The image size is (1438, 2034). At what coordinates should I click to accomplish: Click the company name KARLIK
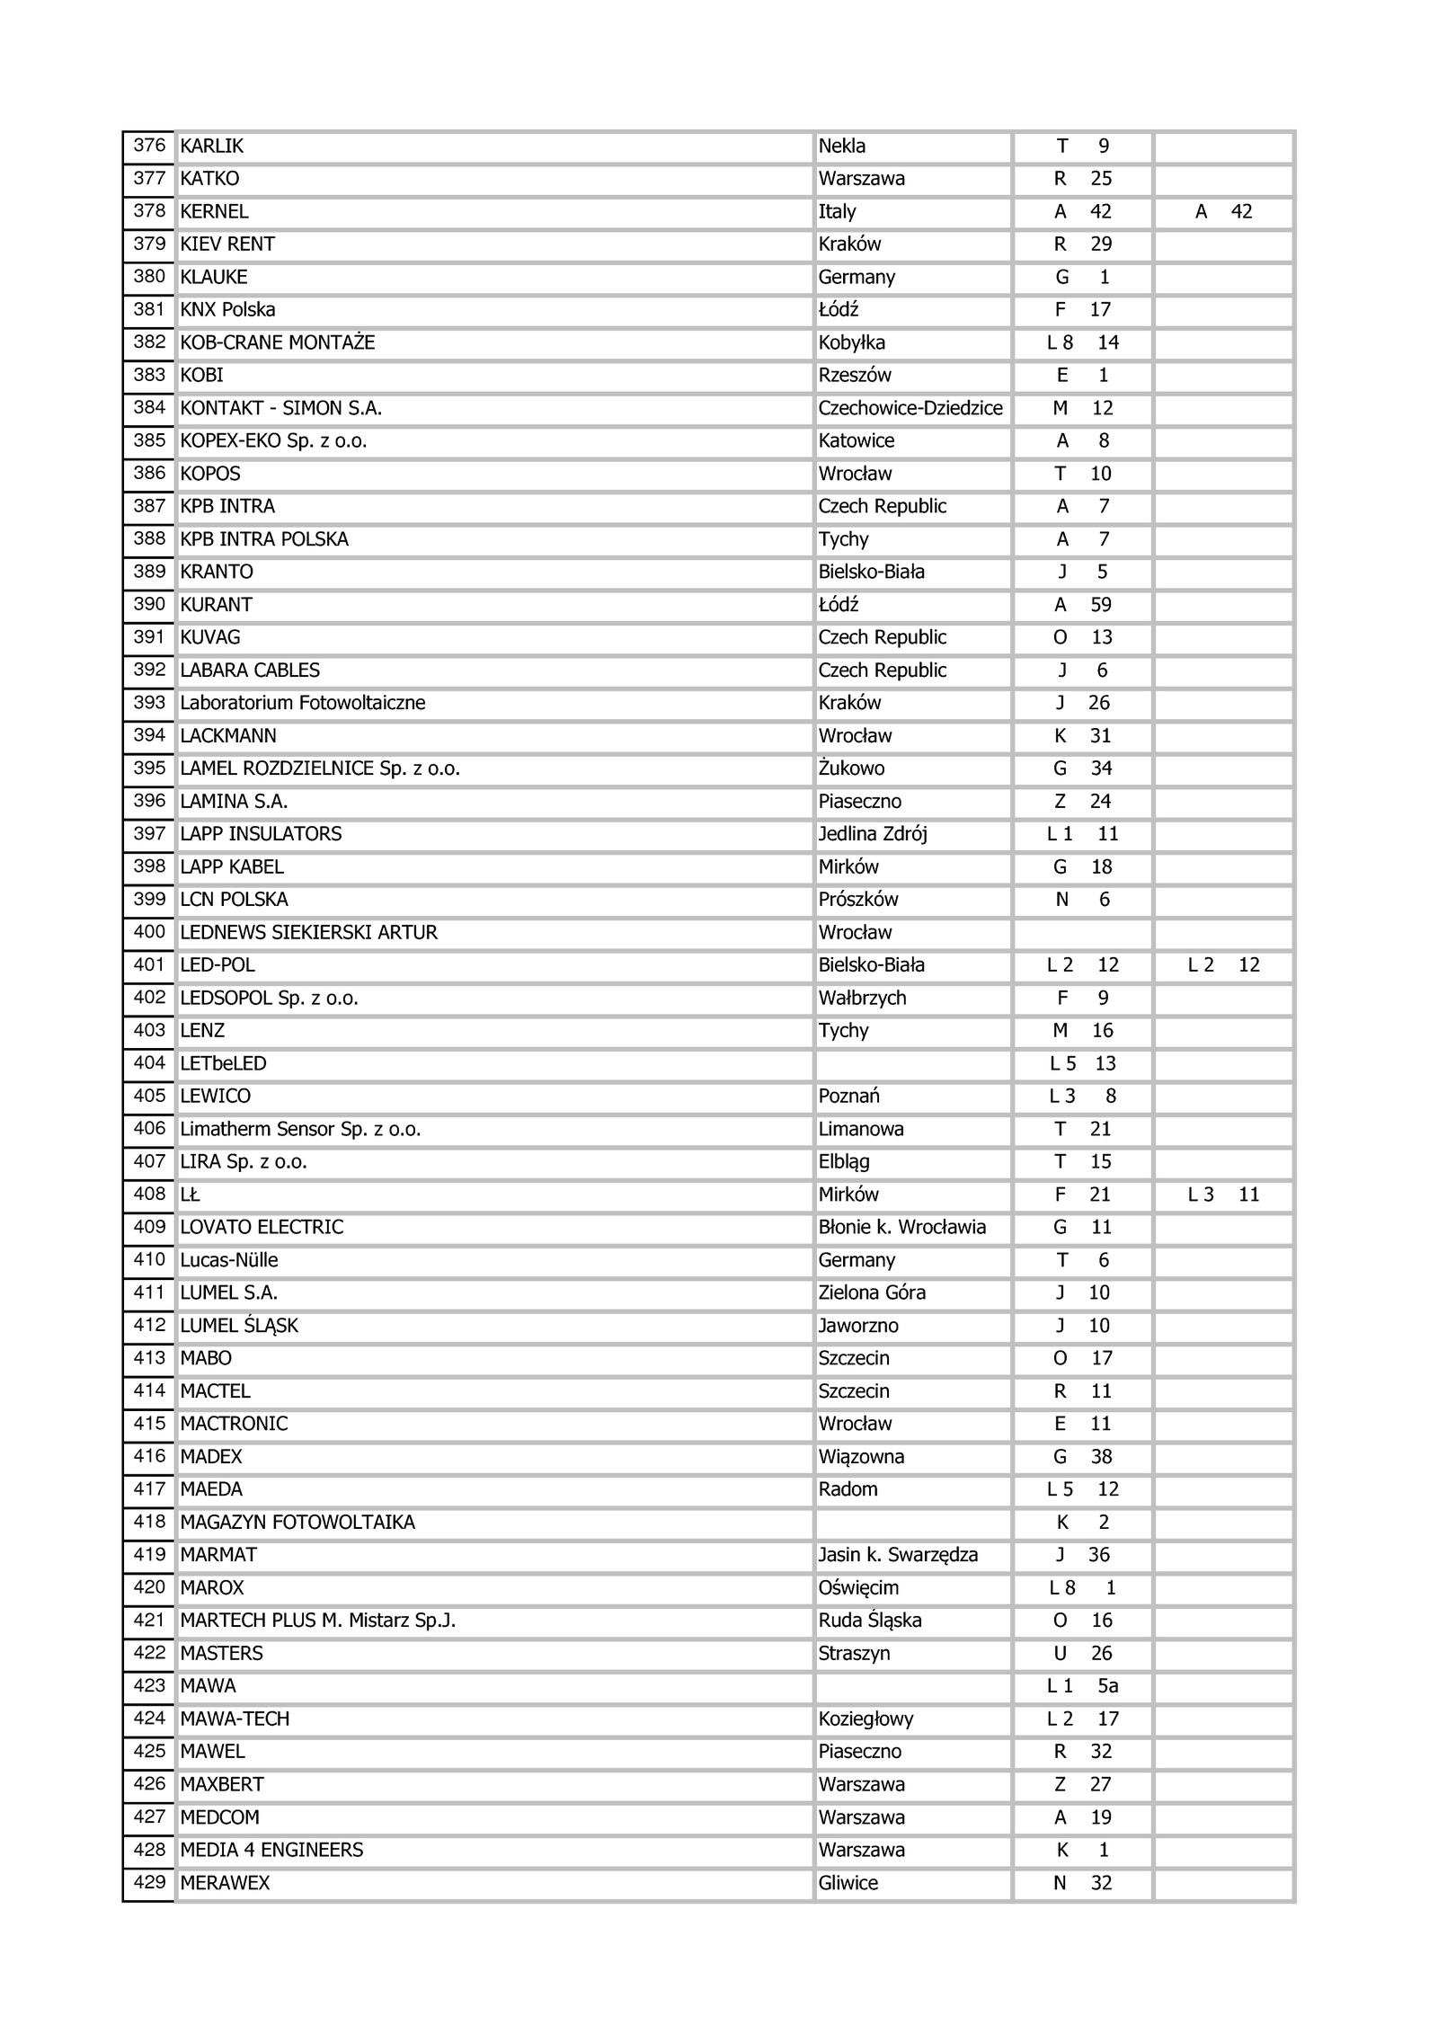212,147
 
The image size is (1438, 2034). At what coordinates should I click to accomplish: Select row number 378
149,211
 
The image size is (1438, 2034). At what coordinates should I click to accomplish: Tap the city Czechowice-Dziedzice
910,408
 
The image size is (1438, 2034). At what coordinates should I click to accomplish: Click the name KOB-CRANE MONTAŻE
277,342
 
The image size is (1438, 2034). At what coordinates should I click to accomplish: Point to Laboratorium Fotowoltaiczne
302,703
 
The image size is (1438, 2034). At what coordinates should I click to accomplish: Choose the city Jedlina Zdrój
872,834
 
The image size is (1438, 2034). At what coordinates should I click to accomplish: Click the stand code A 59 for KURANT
1082,605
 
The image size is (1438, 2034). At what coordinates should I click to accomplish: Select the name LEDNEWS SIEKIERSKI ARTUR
308,932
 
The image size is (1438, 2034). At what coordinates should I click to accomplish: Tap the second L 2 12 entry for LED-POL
1223,965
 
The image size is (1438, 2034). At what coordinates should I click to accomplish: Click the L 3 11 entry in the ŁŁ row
1223,1195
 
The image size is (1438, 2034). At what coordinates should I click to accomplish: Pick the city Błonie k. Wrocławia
901,1227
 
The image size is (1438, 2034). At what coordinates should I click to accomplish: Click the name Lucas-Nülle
228,1260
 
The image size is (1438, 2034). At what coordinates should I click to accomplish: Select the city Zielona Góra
871,1292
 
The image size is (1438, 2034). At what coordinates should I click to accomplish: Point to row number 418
149,1522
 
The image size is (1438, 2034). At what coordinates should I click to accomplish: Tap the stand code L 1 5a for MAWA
1082,1686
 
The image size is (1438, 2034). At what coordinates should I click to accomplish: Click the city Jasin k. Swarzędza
897,1555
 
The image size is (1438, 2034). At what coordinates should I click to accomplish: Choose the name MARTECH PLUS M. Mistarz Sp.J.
317,1621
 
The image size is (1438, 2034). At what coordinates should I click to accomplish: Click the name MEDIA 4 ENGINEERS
271,1850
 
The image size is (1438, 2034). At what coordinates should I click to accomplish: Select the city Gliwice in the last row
848,1883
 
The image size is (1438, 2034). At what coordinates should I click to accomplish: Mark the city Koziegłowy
865,1719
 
